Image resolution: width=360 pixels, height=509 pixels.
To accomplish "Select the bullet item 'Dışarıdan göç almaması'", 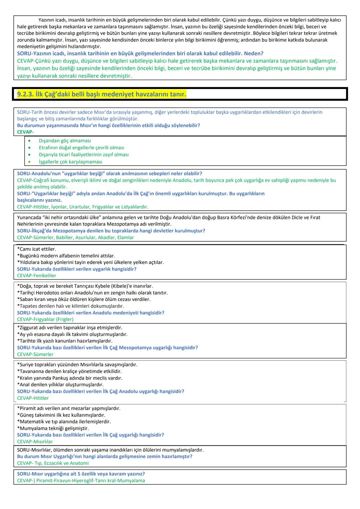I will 65,141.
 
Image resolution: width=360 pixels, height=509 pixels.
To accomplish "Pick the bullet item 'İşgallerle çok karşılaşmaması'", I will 70,162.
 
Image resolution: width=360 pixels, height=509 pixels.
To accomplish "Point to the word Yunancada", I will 29,217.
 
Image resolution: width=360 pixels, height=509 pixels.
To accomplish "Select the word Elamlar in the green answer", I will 125,238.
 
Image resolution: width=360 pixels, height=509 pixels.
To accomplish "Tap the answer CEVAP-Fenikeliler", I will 37,276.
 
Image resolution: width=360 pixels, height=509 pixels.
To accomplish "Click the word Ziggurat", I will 29,328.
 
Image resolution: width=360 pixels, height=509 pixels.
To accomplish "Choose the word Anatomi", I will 79,463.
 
